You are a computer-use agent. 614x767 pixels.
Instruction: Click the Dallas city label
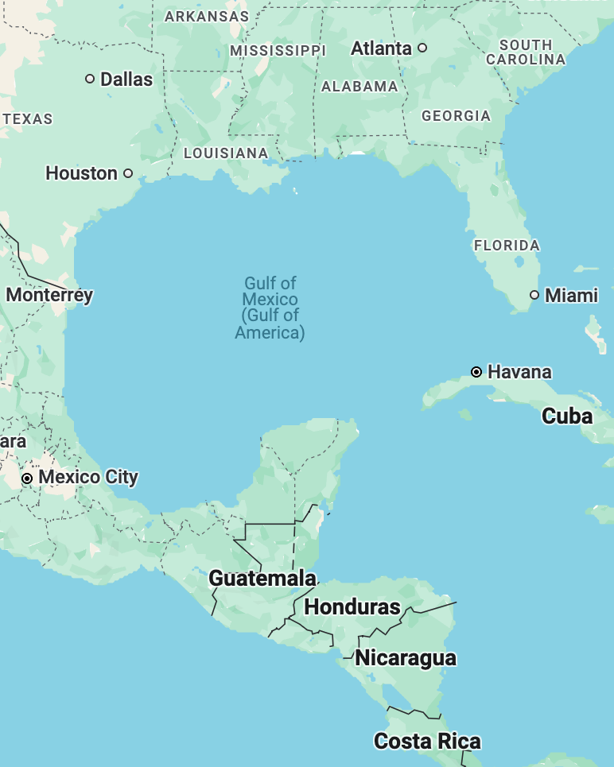tap(126, 79)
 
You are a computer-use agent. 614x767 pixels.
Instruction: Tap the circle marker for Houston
tap(128, 173)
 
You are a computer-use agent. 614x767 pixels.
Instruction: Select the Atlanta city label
tap(382, 48)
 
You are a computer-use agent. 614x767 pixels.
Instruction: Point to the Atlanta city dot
tap(422, 48)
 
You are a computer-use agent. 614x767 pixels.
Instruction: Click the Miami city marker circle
tap(534, 295)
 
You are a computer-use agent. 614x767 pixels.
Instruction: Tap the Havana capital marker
tap(476, 371)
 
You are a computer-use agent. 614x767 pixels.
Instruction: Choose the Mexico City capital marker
tap(27, 478)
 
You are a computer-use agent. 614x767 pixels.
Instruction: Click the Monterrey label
tap(49, 295)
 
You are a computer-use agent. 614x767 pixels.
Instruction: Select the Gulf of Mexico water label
tap(270, 308)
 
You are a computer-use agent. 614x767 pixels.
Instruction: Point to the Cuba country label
tap(567, 416)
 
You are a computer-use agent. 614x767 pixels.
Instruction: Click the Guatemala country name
tap(262, 579)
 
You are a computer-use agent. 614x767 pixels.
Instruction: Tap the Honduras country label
tap(352, 607)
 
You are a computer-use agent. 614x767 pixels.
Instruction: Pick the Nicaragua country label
tap(406, 658)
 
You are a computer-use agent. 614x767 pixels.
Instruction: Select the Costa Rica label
tap(427, 742)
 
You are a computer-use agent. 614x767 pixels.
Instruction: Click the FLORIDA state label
tap(507, 246)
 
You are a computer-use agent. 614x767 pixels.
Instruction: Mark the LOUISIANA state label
tap(226, 153)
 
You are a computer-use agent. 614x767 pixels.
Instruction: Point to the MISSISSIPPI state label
tap(278, 51)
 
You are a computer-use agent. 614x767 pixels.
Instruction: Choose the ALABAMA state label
tap(359, 87)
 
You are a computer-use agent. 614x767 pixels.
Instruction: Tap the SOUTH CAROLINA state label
tap(526, 52)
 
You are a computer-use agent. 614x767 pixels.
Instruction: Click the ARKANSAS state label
tap(207, 16)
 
